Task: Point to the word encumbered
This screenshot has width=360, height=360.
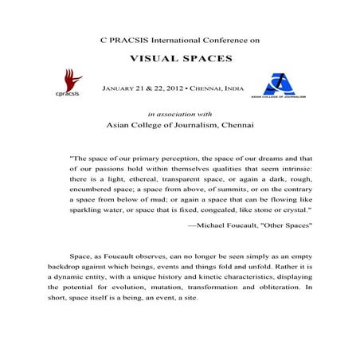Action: (98, 191)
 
